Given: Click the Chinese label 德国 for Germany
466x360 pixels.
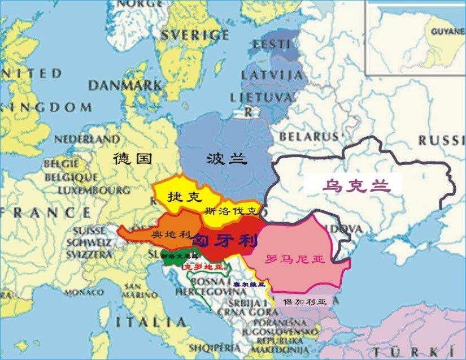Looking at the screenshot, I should tap(133, 158).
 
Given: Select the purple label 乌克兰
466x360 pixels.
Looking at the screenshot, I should tap(350, 185).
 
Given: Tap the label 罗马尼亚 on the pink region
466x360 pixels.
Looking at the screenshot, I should tap(295, 259).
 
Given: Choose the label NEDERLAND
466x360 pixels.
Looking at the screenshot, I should tap(87, 139).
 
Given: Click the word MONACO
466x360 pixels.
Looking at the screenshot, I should tap(84, 292).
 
